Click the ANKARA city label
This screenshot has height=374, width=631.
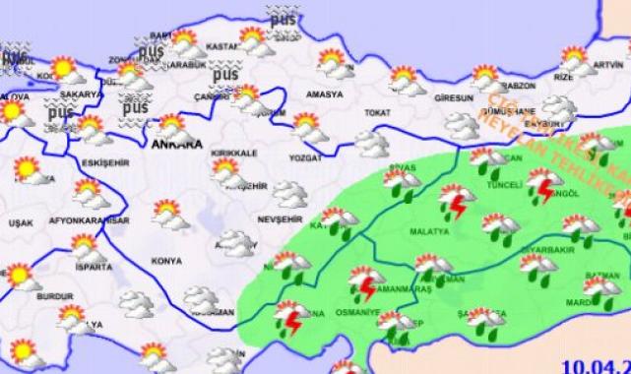[x=177, y=144]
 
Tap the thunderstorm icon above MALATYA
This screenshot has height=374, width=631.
[x=458, y=201]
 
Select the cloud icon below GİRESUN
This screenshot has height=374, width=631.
[x=461, y=124]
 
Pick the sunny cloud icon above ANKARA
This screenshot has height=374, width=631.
[x=172, y=125]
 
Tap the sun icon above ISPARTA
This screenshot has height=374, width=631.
[x=90, y=247]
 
